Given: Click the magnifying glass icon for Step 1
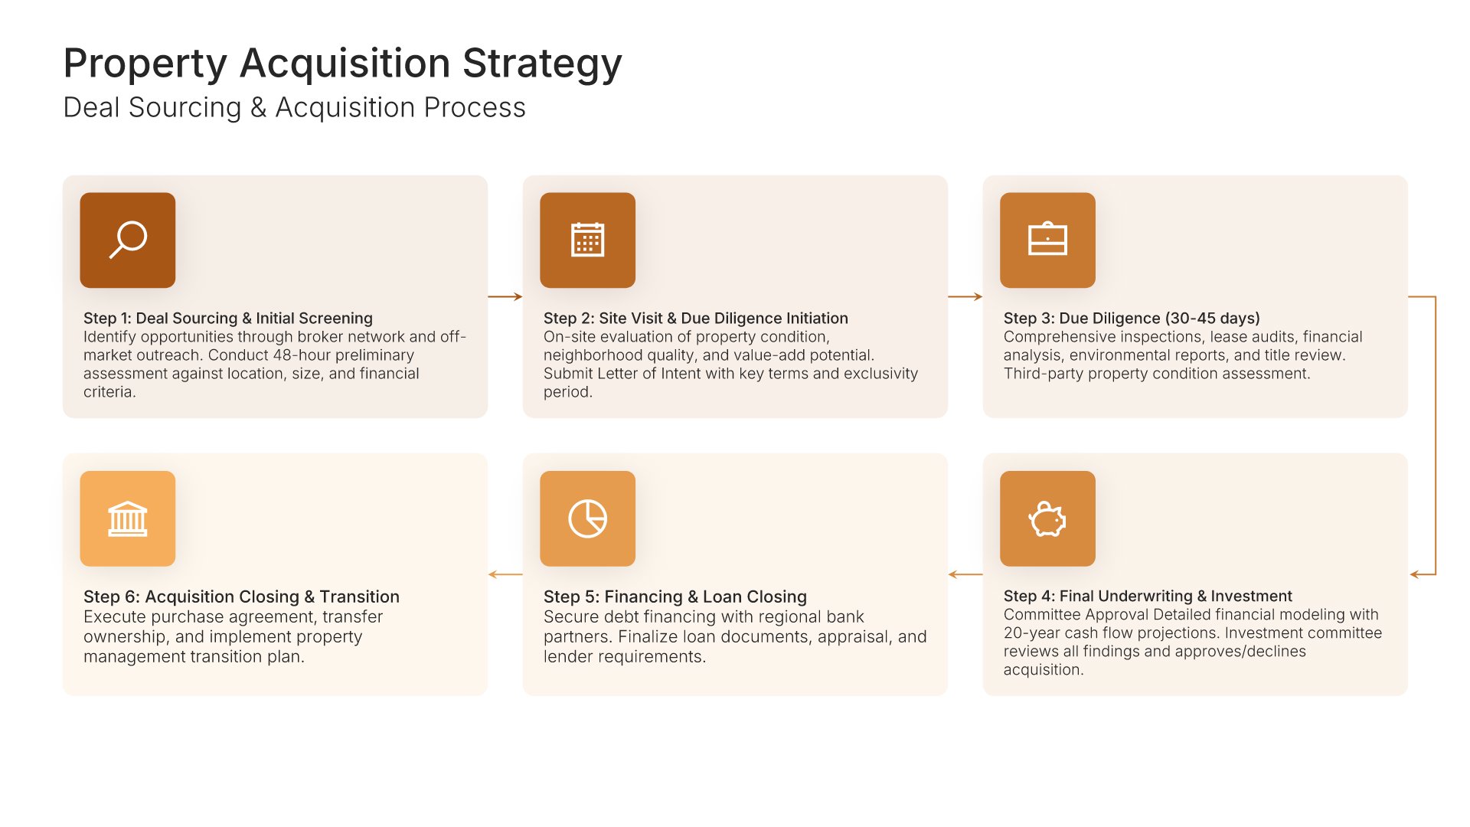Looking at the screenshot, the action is [x=128, y=240].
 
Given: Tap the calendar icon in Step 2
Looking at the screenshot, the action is [x=587, y=240].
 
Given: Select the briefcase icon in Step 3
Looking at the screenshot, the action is [x=1047, y=239].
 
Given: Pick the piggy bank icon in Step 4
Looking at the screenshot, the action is [x=1047, y=519].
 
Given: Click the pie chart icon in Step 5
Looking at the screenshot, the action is [x=587, y=518].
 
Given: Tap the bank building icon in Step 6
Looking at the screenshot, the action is [x=128, y=518].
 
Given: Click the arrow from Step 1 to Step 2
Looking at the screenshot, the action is [x=505, y=296].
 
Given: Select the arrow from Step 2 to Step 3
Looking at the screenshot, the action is [x=965, y=296].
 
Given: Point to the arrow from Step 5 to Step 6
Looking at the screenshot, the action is [x=505, y=574].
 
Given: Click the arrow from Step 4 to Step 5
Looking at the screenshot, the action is [x=965, y=574].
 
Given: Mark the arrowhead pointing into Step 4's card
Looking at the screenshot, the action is [x=1414, y=574].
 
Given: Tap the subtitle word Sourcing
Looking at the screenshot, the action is [x=185, y=108].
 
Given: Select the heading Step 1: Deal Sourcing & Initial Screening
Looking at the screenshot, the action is [x=228, y=318].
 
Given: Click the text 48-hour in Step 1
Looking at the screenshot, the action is [x=305, y=355].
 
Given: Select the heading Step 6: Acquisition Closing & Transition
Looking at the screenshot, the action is [x=241, y=597].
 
